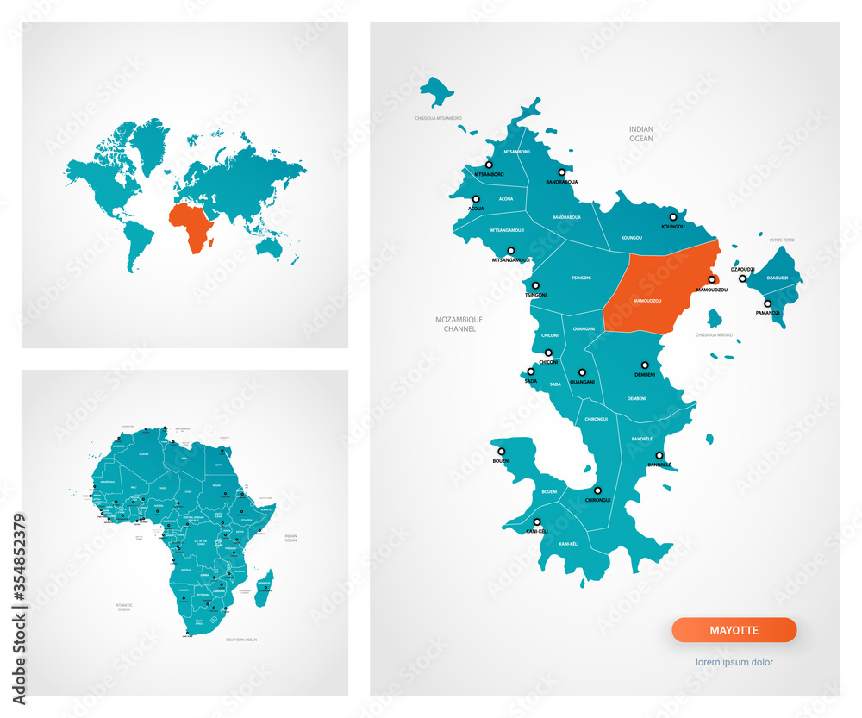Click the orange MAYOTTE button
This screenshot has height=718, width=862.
click(x=734, y=630)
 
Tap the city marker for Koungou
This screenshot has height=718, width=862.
click(x=674, y=217)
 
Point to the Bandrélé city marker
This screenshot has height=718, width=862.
click(x=659, y=455)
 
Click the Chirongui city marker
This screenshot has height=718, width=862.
click(x=597, y=489)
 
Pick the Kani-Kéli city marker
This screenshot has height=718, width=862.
click(x=537, y=521)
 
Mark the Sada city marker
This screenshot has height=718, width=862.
click(x=531, y=371)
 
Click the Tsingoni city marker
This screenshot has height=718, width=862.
click(x=535, y=285)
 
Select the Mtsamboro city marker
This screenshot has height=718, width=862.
click(x=489, y=165)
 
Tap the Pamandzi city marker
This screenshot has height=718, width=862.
click(x=767, y=303)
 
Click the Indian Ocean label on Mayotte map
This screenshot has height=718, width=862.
click(x=640, y=133)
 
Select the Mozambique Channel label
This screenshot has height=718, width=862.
click(x=459, y=324)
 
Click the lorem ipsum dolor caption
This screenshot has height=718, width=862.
click(x=734, y=663)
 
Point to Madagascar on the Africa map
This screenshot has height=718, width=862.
click(x=265, y=586)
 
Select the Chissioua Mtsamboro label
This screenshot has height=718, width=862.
click(x=438, y=118)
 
